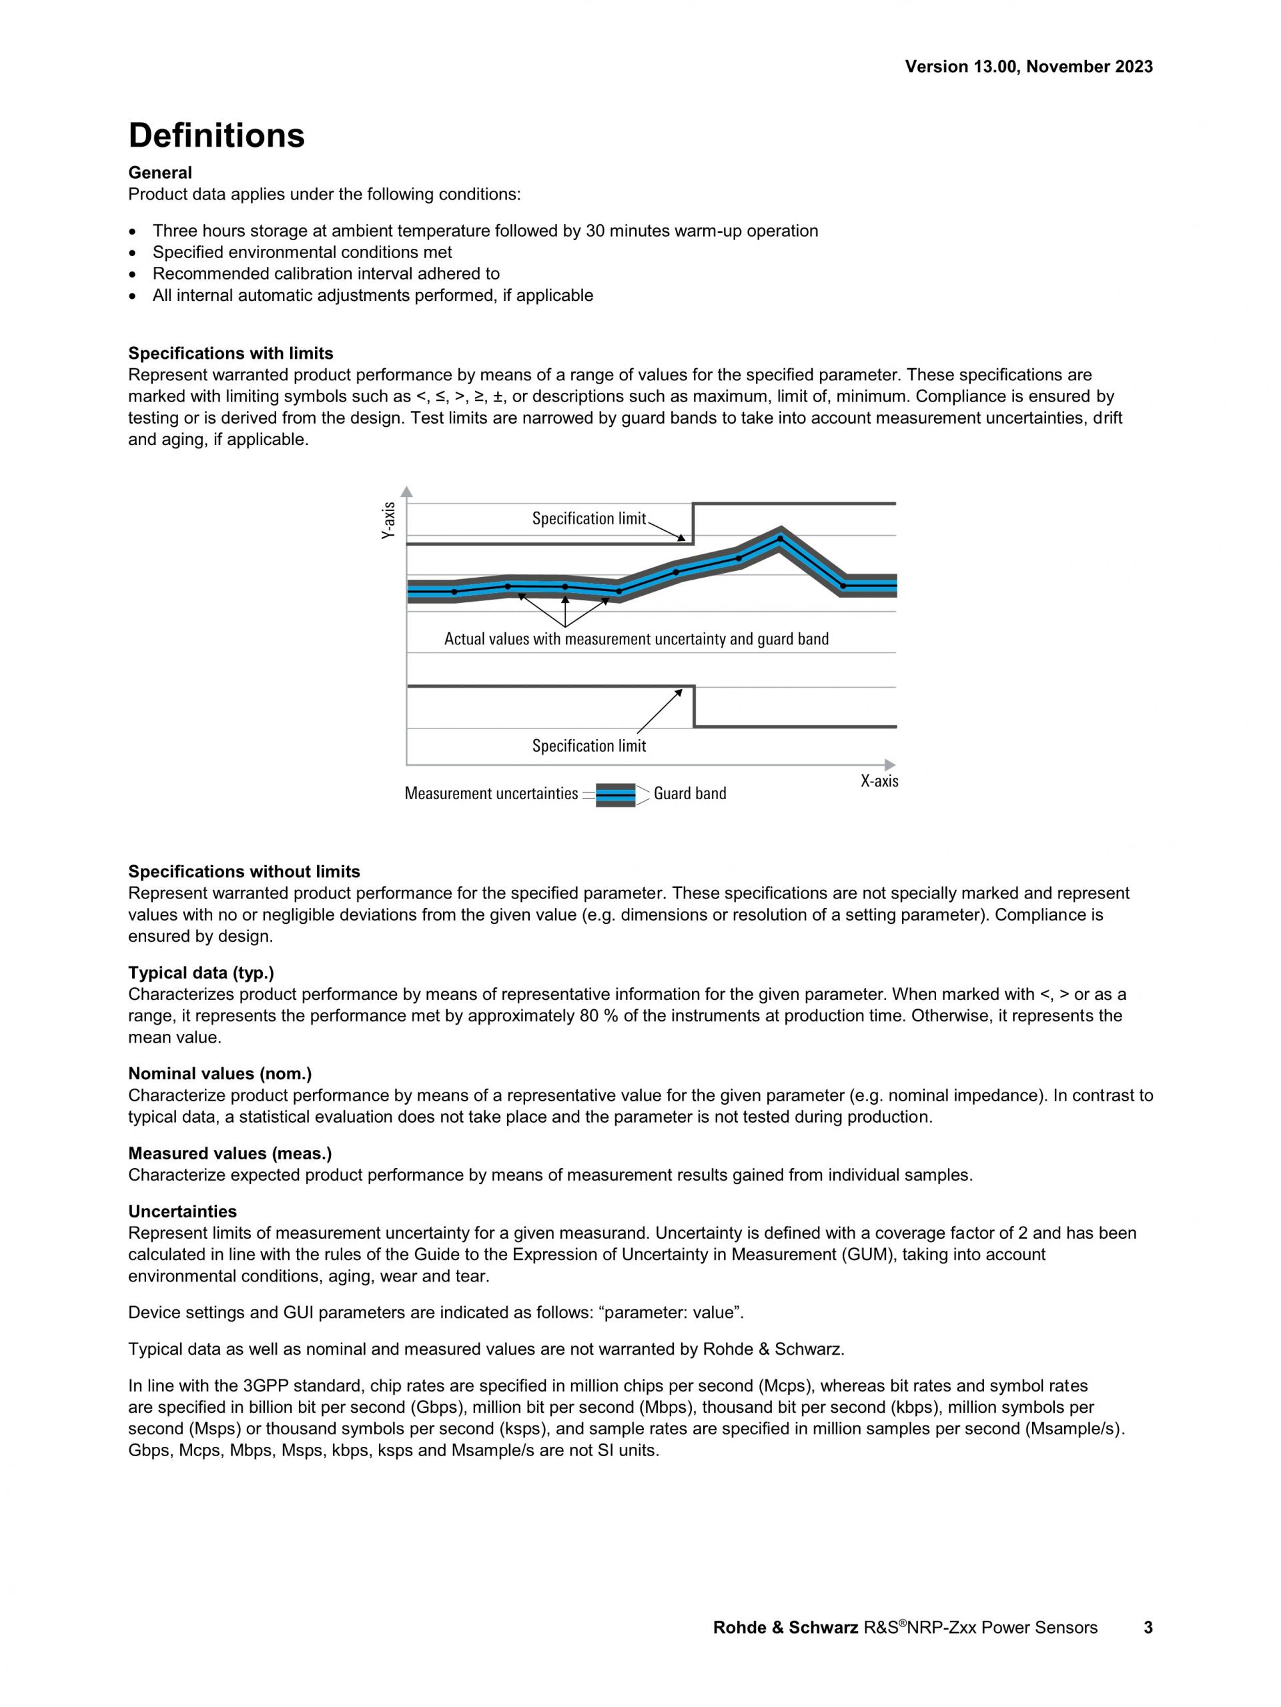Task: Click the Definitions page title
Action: point(217,136)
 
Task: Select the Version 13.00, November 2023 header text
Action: point(1029,67)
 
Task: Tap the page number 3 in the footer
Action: point(1148,1628)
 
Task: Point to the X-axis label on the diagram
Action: point(879,781)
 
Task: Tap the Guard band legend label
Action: point(689,793)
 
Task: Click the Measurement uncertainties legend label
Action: point(491,793)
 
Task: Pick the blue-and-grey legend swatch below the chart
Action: point(615,794)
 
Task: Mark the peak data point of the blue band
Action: point(780,538)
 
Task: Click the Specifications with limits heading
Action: point(231,354)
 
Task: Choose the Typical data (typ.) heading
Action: point(201,973)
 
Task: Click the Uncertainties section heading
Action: point(182,1211)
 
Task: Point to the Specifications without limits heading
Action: point(244,871)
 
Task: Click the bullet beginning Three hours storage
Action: point(484,231)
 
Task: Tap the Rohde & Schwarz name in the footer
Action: point(785,1628)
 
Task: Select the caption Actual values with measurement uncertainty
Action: point(636,639)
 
